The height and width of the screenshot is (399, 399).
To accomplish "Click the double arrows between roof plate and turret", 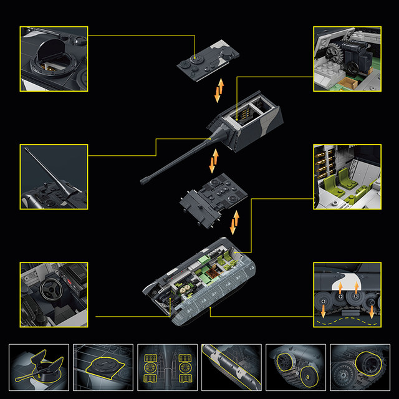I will click(x=218, y=90).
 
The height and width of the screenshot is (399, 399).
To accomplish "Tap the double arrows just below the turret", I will click(x=214, y=161).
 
